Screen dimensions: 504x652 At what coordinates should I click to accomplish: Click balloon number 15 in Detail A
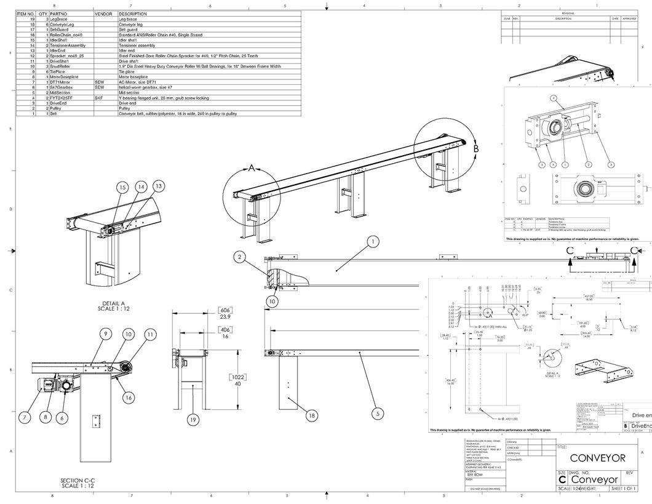121,187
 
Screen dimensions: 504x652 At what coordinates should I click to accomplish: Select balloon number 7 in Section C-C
25,417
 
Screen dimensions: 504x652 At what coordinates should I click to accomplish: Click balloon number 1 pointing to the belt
372,242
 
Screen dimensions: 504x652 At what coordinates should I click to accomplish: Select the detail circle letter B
476,148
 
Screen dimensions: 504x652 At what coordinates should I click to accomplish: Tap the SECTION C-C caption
77,483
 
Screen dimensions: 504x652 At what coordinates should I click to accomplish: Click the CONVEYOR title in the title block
597,458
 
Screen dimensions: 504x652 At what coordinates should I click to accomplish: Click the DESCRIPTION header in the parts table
133,13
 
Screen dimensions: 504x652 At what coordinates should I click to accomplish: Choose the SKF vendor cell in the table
99,98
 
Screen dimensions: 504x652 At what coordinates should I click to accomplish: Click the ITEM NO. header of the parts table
25,13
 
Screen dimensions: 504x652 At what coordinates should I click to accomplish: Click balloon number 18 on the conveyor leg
312,416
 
